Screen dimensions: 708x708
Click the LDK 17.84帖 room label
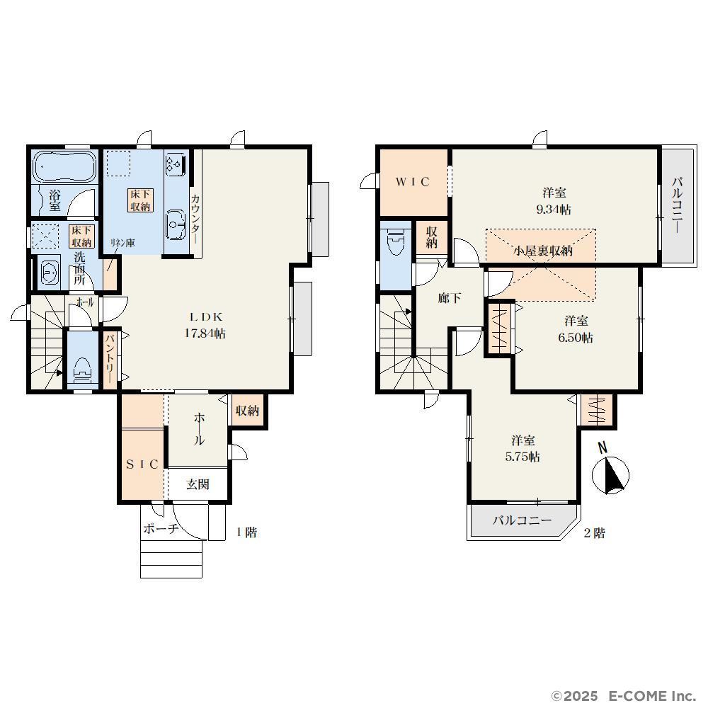pos(205,326)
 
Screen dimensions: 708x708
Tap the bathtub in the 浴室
pos(65,166)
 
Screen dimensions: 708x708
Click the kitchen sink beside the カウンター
pos(176,224)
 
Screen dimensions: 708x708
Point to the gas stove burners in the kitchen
pos(176,164)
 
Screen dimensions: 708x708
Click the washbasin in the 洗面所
pos(49,273)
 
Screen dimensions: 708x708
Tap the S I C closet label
pos(142,464)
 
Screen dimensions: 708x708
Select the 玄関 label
pos(198,484)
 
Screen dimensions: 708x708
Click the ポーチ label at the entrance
pos(161,528)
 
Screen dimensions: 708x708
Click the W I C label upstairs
pos(413,182)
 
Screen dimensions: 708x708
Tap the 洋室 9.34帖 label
pos(554,201)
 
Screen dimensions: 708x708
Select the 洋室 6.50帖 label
pos(576,329)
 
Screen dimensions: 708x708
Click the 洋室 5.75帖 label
pos(523,448)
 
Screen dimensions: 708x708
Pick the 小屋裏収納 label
pos(543,250)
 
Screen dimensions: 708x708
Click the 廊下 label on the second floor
pos(450,298)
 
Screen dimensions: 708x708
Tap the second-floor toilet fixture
pos(396,239)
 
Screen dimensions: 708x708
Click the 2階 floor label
pos(595,533)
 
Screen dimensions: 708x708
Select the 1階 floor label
pos(246,532)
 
